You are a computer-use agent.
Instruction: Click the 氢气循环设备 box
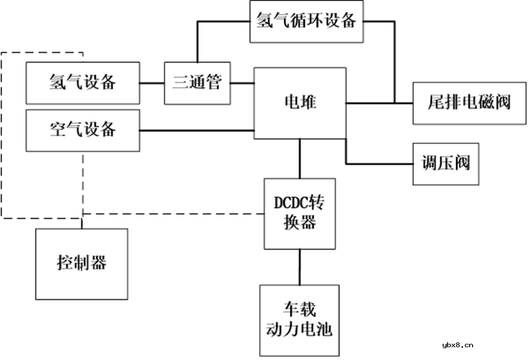click(x=307, y=22)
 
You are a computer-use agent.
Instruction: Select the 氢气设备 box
click(x=82, y=83)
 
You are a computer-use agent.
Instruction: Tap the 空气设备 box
click(x=82, y=130)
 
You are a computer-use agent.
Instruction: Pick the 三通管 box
click(x=197, y=83)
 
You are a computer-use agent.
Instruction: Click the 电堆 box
click(x=300, y=103)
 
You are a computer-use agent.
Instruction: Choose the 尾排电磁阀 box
click(x=469, y=103)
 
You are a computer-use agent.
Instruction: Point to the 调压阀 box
click(x=446, y=164)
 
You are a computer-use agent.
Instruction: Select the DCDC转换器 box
click(x=300, y=213)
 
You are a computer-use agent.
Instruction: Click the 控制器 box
click(x=81, y=264)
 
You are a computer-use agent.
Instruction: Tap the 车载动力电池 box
click(x=299, y=320)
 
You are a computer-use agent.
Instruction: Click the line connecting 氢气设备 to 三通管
click(x=152, y=83)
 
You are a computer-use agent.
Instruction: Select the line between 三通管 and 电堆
click(x=241, y=83)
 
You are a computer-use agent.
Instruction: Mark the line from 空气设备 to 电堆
click(x=196, y=131)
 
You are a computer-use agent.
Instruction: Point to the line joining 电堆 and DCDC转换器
click(x=300, y=158)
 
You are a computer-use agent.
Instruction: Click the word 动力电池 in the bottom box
click(x=299, y=329)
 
